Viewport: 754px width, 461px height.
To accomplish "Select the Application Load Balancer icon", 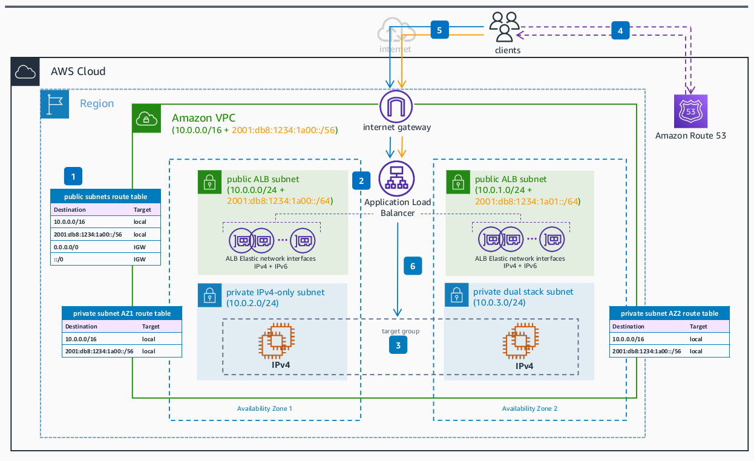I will tap(396, 178).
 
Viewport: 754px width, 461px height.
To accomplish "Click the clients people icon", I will tap(505, 27).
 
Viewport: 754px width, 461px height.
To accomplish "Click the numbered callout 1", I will tap(73, 176).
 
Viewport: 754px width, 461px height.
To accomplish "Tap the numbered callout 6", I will tap(413, 266).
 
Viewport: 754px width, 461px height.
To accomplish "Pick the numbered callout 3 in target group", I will tap(398, 345).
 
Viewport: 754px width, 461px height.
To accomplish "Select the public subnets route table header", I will tap(106, 197).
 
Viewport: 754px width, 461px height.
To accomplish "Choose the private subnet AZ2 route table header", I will tap(669, 313).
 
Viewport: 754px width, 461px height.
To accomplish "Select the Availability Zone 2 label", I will tap(529, 408).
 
